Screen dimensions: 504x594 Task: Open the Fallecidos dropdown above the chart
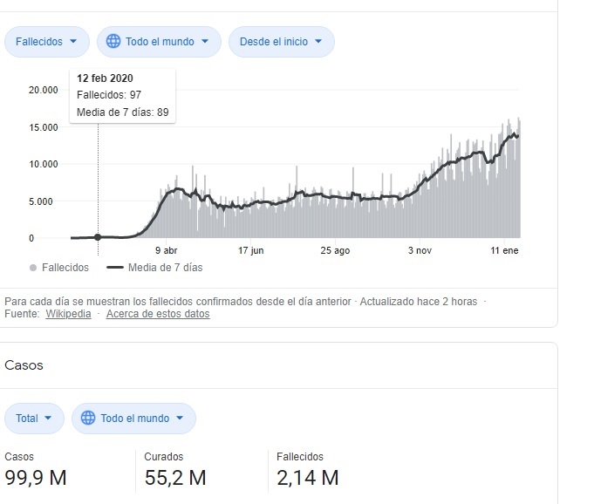47,41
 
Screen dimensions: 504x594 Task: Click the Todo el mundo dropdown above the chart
158,41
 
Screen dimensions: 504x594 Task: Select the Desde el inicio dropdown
281,41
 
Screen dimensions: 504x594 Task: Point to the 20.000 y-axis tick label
43,90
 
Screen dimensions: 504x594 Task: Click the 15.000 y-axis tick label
43,127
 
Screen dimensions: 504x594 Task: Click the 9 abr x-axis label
166,251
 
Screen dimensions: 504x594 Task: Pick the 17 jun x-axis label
250,251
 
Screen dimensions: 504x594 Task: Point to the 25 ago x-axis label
335,251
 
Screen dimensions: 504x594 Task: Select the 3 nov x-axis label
420,251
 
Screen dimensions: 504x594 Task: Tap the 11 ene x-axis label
504,251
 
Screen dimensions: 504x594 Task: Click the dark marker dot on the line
98,237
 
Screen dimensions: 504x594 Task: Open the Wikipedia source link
68,314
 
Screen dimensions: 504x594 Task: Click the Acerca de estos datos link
158,314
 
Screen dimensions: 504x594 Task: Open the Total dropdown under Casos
35,419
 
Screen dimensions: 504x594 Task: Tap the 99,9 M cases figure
36,478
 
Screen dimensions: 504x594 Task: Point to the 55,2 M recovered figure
175,478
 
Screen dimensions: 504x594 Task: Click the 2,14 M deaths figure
307,478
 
